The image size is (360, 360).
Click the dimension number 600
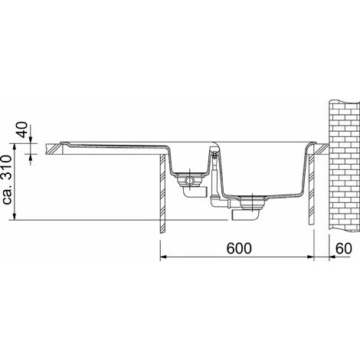(239, 248)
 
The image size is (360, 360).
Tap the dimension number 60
(343, 248)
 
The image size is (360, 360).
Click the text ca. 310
(7, 179)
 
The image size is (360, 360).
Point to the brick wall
(344, 165)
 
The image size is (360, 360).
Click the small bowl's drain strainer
(189, 180)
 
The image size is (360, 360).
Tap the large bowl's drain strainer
(252, 202)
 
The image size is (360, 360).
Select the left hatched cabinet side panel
(162, 193)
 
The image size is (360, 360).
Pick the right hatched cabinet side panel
(311, 189)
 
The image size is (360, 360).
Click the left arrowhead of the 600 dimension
(163, 257)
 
